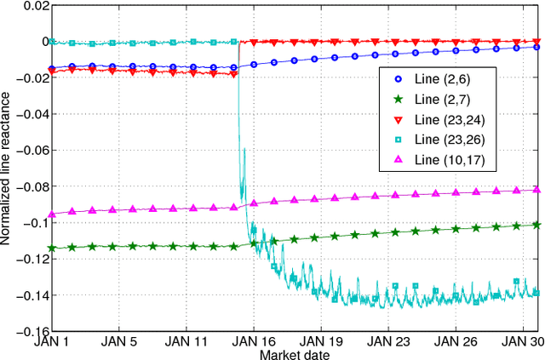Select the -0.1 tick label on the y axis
click(x=35, y=223)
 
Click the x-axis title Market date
click(x=294, y=353)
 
